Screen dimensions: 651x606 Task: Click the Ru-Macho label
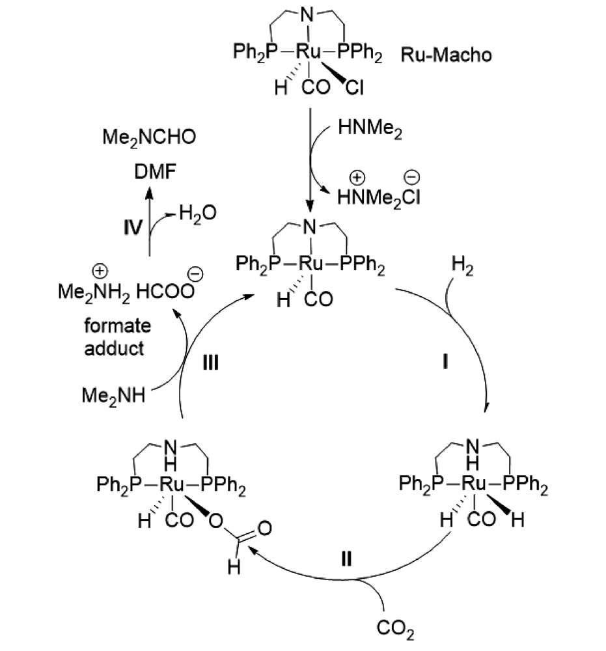[x=446, y=55]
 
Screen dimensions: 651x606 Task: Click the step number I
[x=446, y=363]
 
